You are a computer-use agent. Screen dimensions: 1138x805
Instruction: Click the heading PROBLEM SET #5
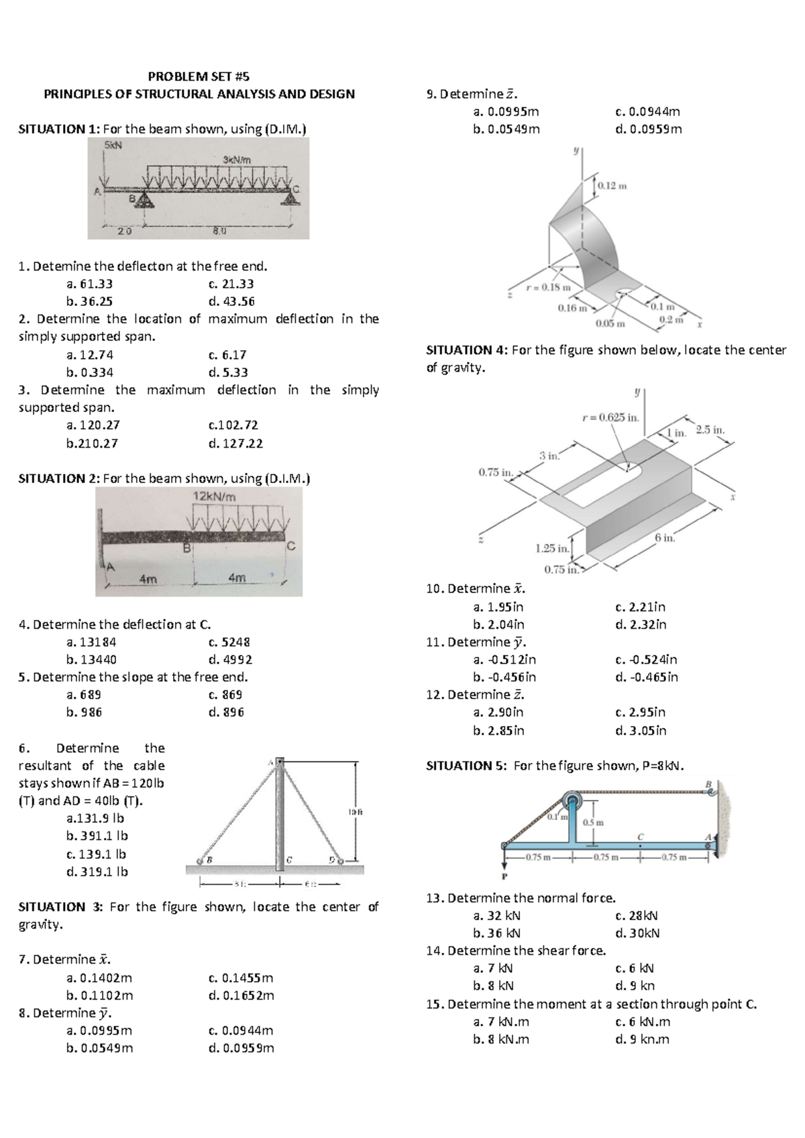pyautogui.click(x=199, y=76)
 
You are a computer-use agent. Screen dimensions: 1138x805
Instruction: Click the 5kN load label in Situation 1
pyautogui.click(x=113, y=144)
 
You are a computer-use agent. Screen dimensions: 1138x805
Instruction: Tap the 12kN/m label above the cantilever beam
pyautogui.click(x=214, y=497)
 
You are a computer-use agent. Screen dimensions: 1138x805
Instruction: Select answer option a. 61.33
pyautogui.click(x=89, y=284)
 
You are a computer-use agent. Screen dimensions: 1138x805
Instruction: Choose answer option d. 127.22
pyautogui.click(x=235, y=444)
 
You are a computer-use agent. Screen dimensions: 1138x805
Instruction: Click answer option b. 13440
pyautogui.click(x=91, y=660)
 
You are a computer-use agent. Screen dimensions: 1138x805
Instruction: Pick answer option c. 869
pyautogui.click(x=225, y=694)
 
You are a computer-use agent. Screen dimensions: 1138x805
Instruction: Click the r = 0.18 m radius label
pyautogui.click(x=548, y=287)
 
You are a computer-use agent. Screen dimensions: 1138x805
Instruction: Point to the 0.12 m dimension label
pyautogui.click(x=611, y=185)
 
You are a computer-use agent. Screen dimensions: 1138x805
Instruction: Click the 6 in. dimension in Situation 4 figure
pyautogui.click(x=664, y=537)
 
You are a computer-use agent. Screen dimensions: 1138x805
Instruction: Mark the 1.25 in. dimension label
pyautogui.click(x=552, y=548)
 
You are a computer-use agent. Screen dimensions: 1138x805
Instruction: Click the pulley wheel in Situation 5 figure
pyautogui.click(x=572, y=800)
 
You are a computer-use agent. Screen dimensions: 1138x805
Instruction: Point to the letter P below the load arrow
pyautogui.click(x=504, y=876)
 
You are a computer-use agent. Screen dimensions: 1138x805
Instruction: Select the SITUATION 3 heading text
pyautogui.click(x=60, y=907)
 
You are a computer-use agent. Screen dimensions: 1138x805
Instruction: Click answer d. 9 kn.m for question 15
pyautogui.click(x=642, y=1039)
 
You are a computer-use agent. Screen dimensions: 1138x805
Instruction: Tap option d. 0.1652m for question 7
pyautogui.click(x=241, y=996)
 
